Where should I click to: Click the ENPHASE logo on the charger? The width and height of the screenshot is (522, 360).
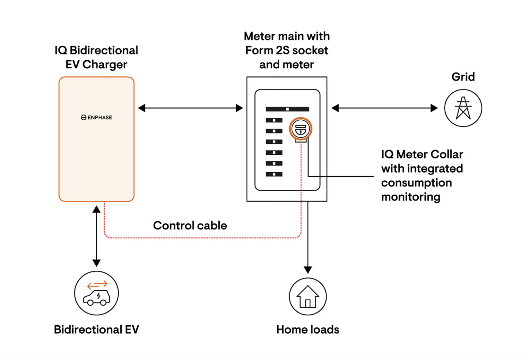pyautogui.click(x=96, y=117)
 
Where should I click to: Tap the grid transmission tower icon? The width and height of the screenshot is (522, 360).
pyautogui.click(x=463, y=108)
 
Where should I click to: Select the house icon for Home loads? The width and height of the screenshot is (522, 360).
pyautogui.click(x=308, y=296)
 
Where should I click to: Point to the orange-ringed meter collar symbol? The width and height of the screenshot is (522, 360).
pyautogui.click(x=300, y=129)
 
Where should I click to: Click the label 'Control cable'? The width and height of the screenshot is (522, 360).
pyautogui.click(x=190, y=226)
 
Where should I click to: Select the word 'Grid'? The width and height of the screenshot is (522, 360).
pyautogui.click(x=463, y=77)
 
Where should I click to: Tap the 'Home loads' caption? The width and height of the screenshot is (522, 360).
pyautogui.click(x=308, y=330)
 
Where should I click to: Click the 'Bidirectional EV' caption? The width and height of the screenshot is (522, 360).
pyautogui.click(x=96, y=330)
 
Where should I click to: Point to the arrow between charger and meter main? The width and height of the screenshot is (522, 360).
pyautogui.click(x=190, y=108)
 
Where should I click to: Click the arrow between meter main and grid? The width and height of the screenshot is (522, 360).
pyautogui.click(x=384, y=108)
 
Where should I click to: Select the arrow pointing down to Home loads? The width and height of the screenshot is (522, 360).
pyautogui.click(x=308, y=237)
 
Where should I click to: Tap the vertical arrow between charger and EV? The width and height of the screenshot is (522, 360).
pyautogui.click(x=96, y=236)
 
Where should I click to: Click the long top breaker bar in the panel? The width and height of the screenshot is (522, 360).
pyautogui.click(x=287, y=109)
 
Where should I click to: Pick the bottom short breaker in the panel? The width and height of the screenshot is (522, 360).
pyautogui.click(x=274, y=174)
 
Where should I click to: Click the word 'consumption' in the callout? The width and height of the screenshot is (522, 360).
pyautogui.click(x=416, y=183)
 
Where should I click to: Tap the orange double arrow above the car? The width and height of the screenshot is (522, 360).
pyautogui.click(x=97, y=285)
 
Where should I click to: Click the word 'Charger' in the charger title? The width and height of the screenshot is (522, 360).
pyautogui.click(x=105, y=64)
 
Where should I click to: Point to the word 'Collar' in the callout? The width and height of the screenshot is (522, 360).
pyautogui.click(x=447, y=154)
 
